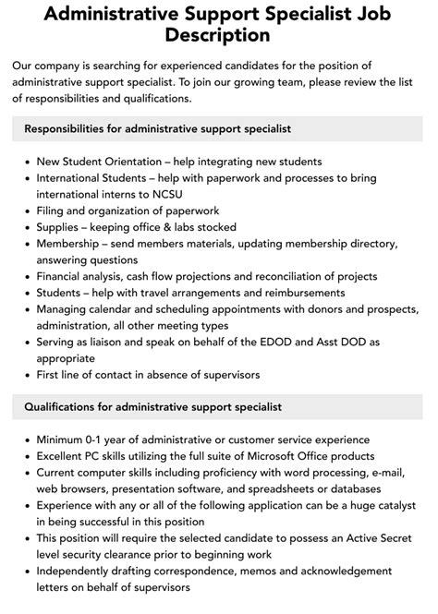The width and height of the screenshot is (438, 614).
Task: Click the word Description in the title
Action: click(x=219, y=35)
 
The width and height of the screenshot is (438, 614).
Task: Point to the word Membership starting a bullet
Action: click(x=72, y=244)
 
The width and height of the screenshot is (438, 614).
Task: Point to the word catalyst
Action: click(x=395, y=506)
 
